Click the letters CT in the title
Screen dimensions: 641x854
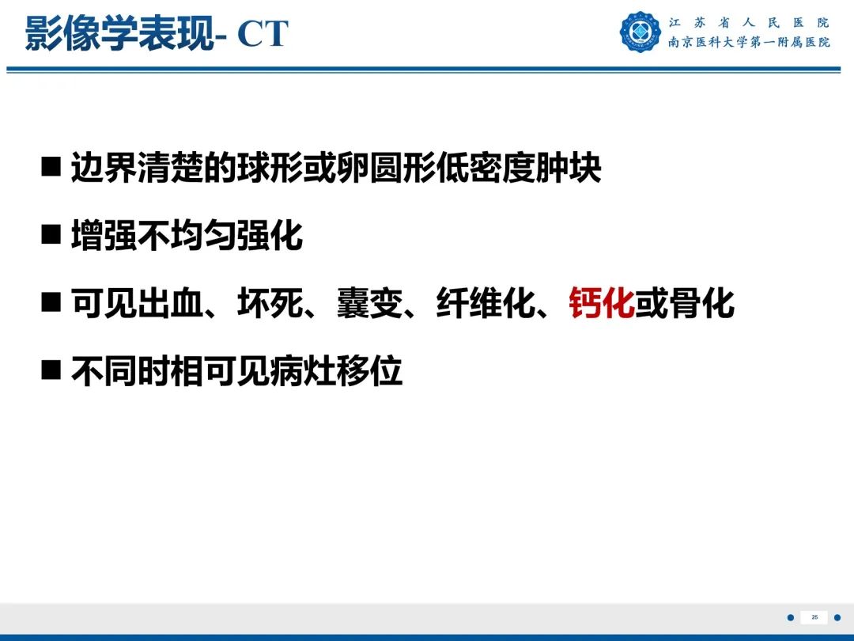tap(263, 35)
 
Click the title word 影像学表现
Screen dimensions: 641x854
tap(119, 35)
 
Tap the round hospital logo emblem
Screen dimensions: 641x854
tap(640, 32)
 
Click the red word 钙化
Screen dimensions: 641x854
tap(602, 304)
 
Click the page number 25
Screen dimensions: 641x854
tap(814, 617)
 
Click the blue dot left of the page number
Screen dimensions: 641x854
tap(789, 617)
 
